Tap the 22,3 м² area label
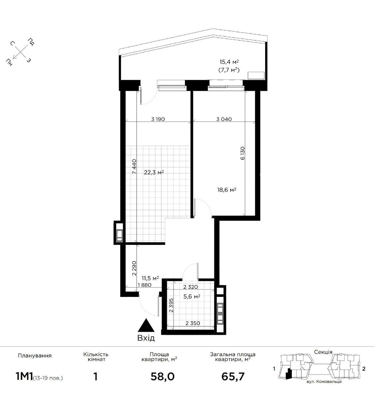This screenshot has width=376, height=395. (x=154, y=172)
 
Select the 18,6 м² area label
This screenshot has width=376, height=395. (x=227, y=190)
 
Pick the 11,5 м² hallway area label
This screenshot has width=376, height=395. (x=150, y=278)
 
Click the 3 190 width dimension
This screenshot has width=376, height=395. (x=158, y=119)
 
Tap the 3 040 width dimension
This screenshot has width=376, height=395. (x=224, y=119)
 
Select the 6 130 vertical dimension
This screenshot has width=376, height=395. (x=242, y=153)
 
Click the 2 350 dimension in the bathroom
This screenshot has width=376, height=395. (x=193, y=323)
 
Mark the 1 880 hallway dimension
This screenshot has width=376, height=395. (x=144, y=285)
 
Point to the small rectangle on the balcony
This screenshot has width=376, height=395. (x=256, y=75)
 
